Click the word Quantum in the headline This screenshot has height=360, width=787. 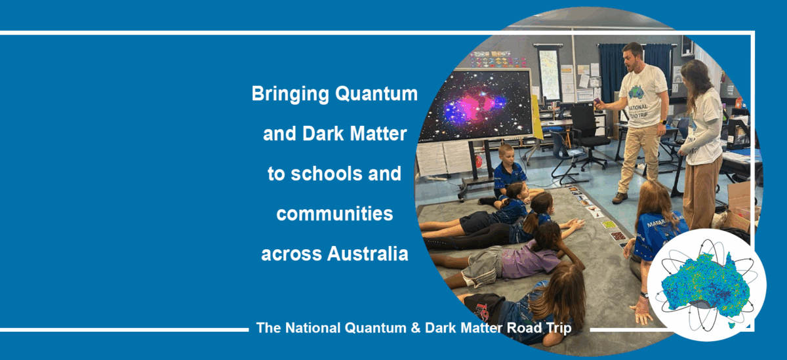376,94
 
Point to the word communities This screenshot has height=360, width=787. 334,214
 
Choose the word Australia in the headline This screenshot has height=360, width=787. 367,254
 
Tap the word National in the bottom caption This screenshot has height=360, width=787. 313,328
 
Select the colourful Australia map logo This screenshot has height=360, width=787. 706,285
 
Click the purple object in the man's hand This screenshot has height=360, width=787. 597,102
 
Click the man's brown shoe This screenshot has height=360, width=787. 620,198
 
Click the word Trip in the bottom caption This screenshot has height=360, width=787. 559,328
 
